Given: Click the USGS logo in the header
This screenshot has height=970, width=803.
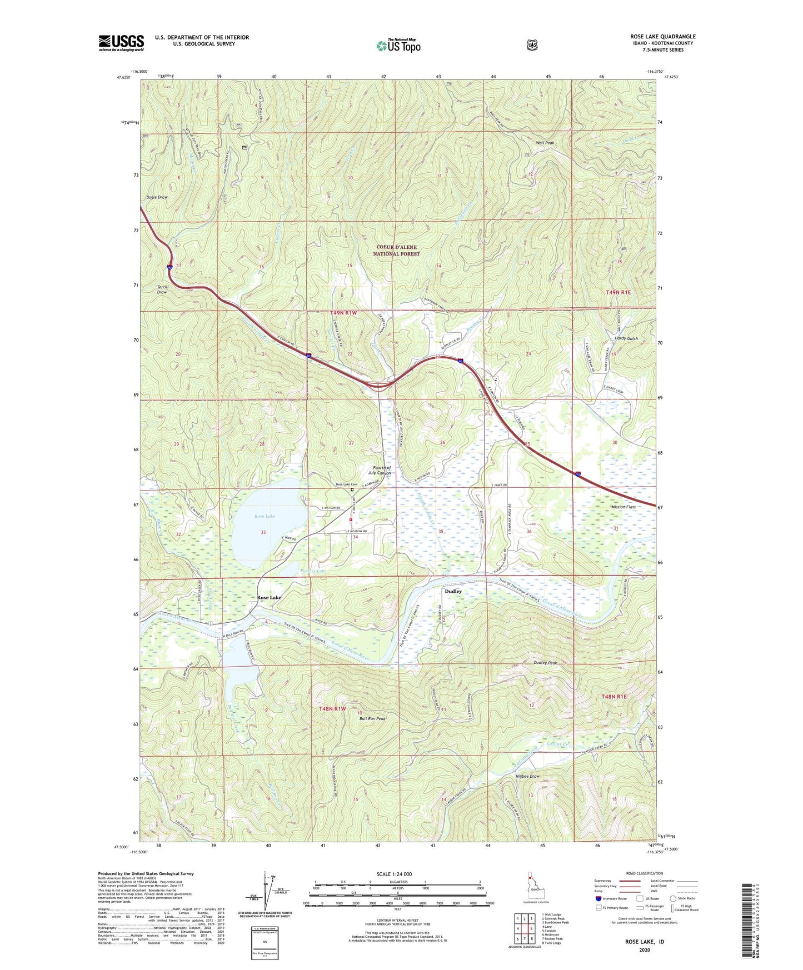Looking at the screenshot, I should click(x=121, y=43).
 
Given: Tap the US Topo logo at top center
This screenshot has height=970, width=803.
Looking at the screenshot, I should click(x=398, y=46).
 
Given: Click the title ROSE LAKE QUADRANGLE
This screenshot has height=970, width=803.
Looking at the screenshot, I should click(x=662, y=37).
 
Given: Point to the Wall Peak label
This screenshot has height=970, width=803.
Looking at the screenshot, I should click(x=545, y=143).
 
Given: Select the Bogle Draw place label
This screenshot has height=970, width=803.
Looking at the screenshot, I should click(x=157, y=197).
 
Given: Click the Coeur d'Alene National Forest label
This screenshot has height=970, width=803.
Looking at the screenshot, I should click(x=396, y=251).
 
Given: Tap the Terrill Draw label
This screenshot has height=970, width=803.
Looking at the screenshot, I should click(x=162, y=289).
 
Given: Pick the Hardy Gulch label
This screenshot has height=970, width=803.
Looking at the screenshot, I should click(x=626, y=338).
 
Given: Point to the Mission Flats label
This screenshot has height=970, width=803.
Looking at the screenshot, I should click(x=623, y=507).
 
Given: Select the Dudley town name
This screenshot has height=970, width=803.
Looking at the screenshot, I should click(x=453, y=592).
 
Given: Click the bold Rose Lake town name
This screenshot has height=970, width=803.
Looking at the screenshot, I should click(x=269, y=598).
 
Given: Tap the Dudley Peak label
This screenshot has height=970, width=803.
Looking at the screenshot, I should click(x=545, y=663).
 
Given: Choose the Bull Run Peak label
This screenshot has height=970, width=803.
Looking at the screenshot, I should click(x=372, y=718).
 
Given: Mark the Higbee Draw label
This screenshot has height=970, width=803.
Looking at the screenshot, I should click(x=527, y=777).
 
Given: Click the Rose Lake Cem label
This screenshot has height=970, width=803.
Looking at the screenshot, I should click(x=346, y=484).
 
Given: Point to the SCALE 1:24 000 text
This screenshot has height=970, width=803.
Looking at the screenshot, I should click(x=394, y=874).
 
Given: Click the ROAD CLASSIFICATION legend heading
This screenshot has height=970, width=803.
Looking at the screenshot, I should click(x=644, y=874).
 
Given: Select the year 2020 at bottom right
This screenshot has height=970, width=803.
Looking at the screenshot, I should click(x=645, y=949).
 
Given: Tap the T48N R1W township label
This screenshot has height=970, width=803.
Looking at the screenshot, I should click(x=332, y=709).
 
